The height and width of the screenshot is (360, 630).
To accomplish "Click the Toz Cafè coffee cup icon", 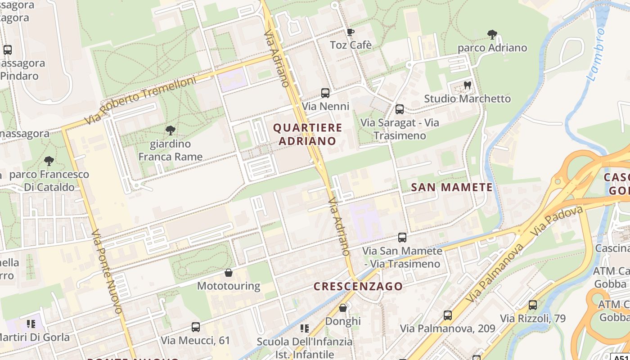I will [351, 32].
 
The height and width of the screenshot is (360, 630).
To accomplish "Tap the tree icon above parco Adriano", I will [492, 34].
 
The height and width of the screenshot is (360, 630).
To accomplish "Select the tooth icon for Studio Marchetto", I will [467, 85].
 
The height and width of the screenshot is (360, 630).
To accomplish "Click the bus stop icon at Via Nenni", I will [325, 93].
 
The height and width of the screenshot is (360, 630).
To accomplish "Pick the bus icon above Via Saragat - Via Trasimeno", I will [399, 109].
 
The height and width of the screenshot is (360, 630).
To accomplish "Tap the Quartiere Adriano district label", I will [308, 134].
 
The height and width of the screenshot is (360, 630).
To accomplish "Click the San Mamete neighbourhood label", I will [452, 187].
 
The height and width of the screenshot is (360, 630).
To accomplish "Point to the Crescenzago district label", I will [358, 286].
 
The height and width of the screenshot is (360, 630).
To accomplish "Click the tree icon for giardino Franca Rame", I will [170, 130].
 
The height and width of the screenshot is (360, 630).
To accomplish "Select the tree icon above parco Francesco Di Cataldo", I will [49, 161].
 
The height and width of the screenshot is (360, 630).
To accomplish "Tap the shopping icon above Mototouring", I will [229, 273].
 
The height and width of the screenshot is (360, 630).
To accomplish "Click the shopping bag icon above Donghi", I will [343, 308].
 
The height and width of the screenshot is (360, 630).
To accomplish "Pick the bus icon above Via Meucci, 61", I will [195, 327].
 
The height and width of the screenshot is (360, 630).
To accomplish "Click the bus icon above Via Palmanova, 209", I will [447, 315].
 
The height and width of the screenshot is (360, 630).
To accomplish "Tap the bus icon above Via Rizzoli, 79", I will [533, 305].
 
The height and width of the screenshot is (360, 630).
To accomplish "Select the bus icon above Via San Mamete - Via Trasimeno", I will [402, 237].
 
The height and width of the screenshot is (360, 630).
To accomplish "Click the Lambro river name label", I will [596, 54].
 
